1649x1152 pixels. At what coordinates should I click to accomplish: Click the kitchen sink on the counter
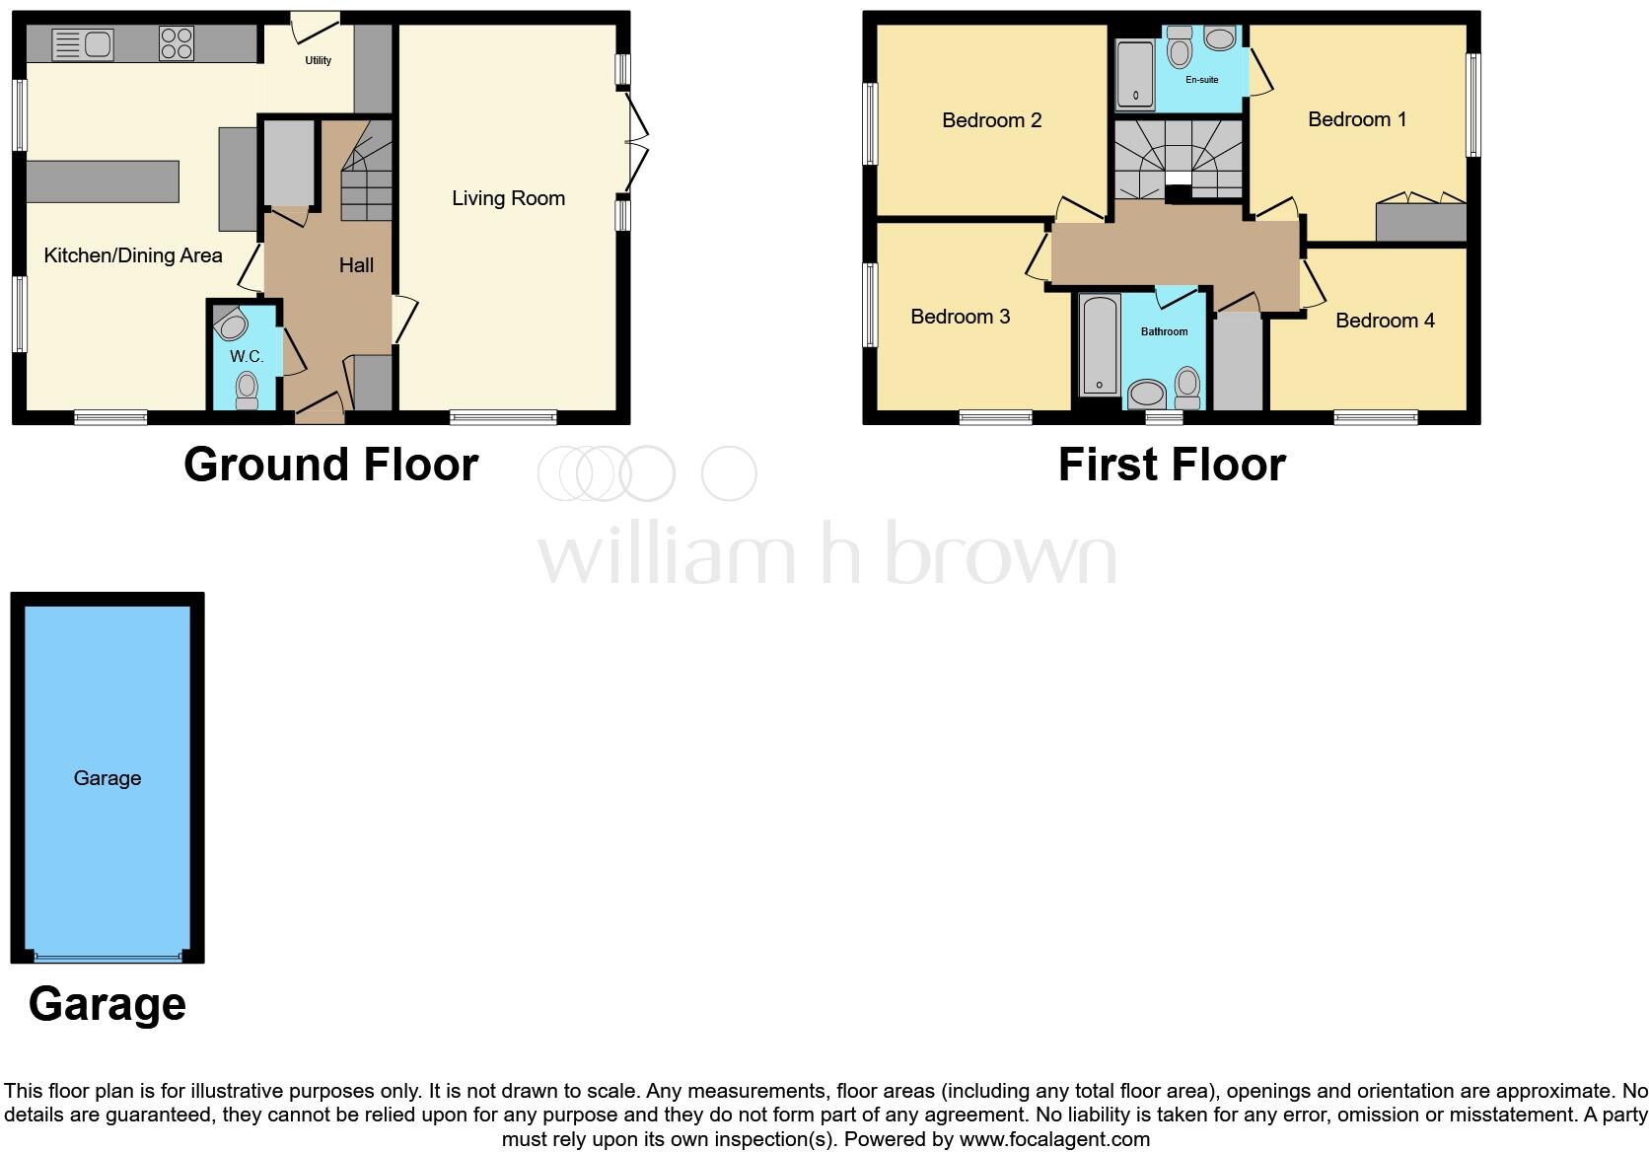tap(83, 44)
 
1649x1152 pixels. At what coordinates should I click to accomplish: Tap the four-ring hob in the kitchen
tap(177, 43)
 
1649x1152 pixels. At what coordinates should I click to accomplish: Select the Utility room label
tap(318, 60)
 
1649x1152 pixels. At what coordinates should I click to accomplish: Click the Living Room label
tap(508, 198)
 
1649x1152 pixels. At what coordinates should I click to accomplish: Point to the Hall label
tap(356, 264)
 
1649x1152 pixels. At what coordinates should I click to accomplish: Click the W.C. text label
tap(246, 356)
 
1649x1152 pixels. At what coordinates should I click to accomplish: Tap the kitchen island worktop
tap(103, 181)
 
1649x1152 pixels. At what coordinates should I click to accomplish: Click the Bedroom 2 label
tap(991, 120)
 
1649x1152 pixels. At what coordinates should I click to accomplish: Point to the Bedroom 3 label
tap(960, 317)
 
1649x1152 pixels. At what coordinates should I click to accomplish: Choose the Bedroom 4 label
tap(1385, 321)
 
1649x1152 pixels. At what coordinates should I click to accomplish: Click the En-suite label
tap(1201, 80)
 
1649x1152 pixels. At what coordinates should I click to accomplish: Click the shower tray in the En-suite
tap(1135, 73)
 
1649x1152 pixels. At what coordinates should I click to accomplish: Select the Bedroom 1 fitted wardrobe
tap(1420, 221)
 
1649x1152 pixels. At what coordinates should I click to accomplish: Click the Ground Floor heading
tap(330, 465)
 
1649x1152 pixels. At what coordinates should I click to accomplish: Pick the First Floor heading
tap(1172, 465)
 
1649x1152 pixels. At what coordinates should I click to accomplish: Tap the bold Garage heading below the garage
tap(108, 1004)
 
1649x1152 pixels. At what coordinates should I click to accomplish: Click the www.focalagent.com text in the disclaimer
tap(1053, 1139)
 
